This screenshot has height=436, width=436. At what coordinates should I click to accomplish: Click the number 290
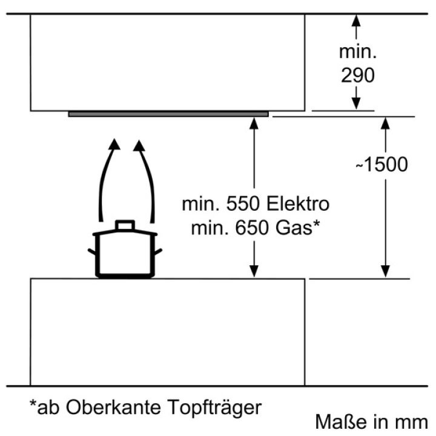point(358,75)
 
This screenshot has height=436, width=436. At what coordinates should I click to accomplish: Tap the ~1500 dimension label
point(381,164)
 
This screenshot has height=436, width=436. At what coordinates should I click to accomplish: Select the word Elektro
point(298,204)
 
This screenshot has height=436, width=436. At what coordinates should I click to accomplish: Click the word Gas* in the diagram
point(297,228)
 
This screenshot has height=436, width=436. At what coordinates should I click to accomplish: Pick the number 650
point(253,228)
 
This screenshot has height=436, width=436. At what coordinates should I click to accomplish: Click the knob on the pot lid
point(125,225)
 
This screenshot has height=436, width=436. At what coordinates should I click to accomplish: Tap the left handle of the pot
point(92,252)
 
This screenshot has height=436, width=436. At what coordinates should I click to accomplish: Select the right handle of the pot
point(158,252)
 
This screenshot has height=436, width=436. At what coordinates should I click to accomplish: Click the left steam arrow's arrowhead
point(114,144)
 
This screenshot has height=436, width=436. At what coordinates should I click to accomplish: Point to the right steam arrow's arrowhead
point(139,146)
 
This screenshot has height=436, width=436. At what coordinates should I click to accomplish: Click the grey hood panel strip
point(168,114)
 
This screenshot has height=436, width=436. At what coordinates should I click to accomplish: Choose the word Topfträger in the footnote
point(214,408)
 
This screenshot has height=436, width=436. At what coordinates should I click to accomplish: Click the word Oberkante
point(113,408)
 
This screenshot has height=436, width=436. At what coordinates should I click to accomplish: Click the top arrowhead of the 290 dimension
point(356,21)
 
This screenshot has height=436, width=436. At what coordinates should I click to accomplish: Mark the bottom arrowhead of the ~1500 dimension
point(385,271)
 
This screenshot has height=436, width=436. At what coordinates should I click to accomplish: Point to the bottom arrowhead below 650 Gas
point(254,271)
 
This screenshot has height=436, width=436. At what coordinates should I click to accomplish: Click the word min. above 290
point(358,51)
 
